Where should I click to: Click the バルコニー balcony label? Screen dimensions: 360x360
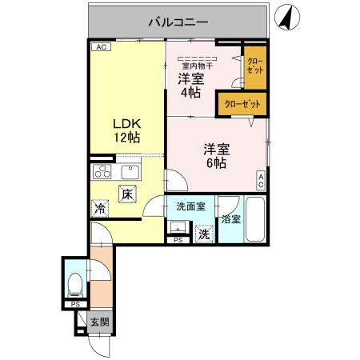coord(178,22)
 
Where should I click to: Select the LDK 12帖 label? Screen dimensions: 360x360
coord(126,130)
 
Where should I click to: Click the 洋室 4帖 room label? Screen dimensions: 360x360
coord(190,86)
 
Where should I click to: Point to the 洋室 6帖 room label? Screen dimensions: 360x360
coord(215,154)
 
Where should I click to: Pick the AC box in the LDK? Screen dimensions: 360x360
coord(101,48)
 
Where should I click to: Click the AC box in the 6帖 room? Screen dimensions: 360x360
coord(261,181)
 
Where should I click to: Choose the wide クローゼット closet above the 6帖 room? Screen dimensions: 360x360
coord(241,105)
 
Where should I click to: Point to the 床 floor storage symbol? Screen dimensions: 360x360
coord(128,193)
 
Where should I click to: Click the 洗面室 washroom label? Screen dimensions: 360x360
coord(190,206)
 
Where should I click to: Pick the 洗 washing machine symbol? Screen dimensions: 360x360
coord(205,234)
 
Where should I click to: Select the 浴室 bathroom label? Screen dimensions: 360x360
coord(230,218)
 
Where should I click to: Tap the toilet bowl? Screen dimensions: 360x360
coord(75,282)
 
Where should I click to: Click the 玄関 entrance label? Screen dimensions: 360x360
coord(99,322)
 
